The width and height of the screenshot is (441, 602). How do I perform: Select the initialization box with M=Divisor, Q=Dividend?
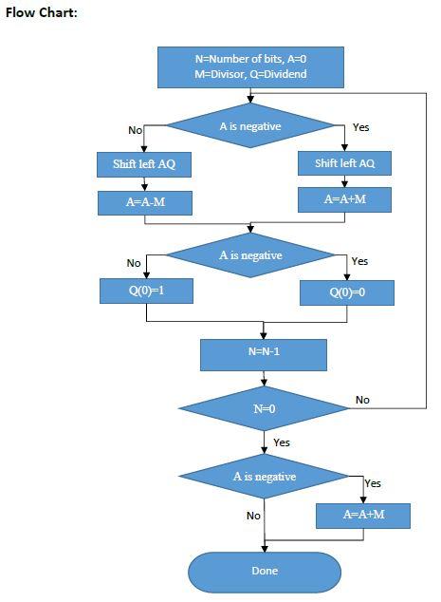pos(249,66)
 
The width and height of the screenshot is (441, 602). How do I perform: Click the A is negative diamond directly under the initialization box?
pos(249,126)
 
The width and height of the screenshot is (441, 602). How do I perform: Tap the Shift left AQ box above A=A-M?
pos(144,164)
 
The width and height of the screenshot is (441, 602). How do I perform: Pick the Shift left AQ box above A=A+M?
pos(346,163)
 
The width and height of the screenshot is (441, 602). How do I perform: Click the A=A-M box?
pos(144,202)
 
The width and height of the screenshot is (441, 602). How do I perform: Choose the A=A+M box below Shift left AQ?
pos(346,199)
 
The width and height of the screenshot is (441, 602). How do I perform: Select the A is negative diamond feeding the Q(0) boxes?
pos(249,255)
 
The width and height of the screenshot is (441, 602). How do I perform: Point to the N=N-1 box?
pos(264,354)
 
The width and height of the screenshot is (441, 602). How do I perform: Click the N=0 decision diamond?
pos(264,408)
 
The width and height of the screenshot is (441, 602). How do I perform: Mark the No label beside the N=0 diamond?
pos(362,400)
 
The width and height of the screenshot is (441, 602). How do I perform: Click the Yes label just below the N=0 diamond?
pos(282,442)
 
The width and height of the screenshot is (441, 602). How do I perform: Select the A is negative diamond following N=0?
pos(264,477)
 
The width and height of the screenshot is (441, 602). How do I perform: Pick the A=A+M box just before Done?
pos(363,515)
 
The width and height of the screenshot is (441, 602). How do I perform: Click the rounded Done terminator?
pos(264,571)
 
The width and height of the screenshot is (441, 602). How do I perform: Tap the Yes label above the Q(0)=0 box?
pos(359,261)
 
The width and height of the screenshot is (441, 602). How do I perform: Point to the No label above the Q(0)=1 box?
pos(133,263)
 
